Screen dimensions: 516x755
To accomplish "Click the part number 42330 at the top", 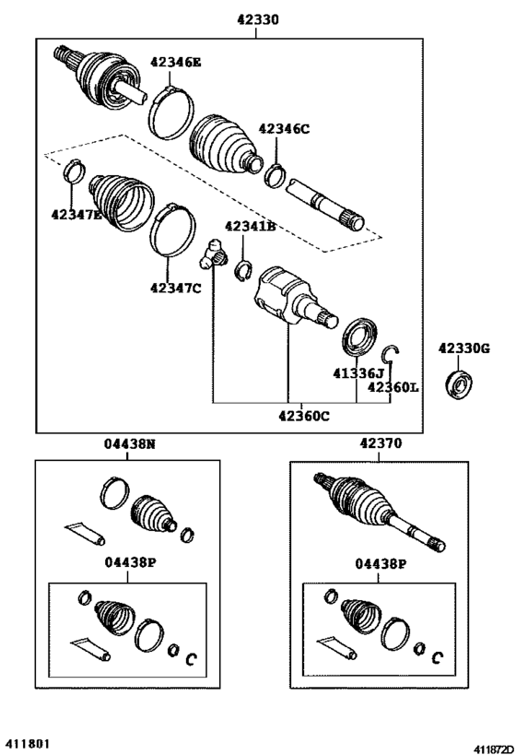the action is (257, 19).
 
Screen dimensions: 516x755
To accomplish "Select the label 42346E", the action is (176, 62).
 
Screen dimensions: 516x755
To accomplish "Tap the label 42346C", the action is (284, 128).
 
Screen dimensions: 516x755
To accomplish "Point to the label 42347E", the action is (77, 215).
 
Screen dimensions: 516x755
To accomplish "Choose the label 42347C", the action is (176, 288).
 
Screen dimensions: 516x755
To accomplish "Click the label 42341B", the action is (251, 226).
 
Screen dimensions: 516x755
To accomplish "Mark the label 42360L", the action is (393, 386).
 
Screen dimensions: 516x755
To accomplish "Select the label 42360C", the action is (304, 416).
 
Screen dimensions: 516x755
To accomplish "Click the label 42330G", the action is (464, 348).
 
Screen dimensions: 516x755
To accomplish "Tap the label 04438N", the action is (130, 443).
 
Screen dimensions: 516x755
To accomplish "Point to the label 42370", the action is (381, 443).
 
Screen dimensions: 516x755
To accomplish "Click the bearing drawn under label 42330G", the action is (458, 383).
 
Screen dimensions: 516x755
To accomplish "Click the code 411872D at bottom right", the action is (494, 749).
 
